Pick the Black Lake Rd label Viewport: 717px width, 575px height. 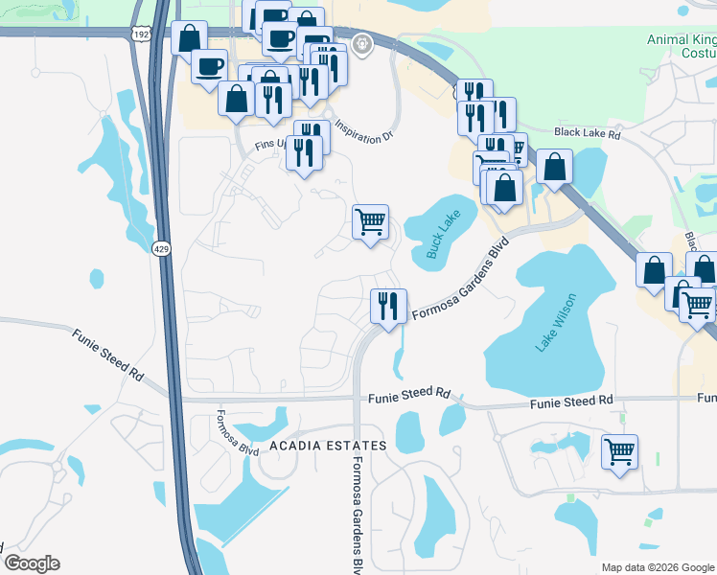(x=588, y=135)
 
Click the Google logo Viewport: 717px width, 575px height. (x=32, y=563)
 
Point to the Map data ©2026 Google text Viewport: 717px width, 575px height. (x=657, y=567)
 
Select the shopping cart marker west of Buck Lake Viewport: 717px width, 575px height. (x=370, y=222)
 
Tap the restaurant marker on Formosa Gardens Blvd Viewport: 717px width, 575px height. (x=388, y=307)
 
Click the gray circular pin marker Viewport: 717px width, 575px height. (x=361, y=43)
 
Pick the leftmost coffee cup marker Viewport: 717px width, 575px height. (x=209, y=66)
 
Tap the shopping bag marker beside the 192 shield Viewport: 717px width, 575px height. (x=189, y=38)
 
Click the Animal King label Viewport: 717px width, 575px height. (x=681, y=40)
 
